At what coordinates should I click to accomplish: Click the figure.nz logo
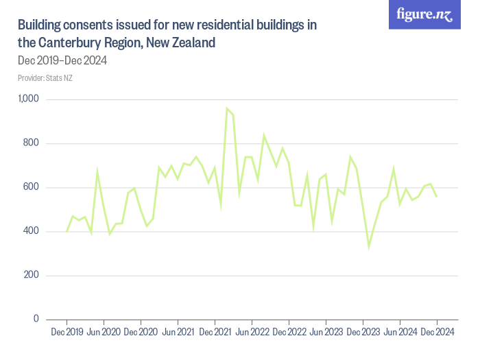(424, 14)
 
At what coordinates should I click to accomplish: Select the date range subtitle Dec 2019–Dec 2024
(62, 60)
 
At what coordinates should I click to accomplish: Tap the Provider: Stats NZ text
(45, 78)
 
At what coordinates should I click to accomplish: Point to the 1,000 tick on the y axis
(28, 99)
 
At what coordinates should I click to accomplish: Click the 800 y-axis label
(32, 143)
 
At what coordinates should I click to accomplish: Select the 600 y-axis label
(32, 187)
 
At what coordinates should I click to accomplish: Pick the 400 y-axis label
(32, 231)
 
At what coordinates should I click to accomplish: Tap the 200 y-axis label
(32, 275)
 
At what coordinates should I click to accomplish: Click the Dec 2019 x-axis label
(67, 333)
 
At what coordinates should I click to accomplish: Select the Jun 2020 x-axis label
(104, 333)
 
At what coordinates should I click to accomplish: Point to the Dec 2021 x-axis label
(215, 333)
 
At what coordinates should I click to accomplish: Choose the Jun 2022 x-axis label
(252, 333)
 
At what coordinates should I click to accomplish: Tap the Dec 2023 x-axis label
(363, 333)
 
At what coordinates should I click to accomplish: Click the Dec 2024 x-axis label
(437, 333)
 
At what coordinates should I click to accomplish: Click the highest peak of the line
(227, 108)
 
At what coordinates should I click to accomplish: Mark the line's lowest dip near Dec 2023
(369, 246)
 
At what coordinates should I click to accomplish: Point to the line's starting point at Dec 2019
(67, 231)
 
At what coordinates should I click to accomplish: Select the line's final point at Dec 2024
(437, 197)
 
